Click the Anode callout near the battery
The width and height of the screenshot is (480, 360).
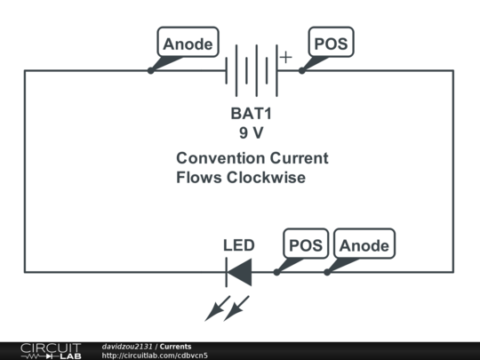(x=188, y=42)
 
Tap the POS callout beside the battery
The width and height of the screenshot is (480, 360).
(x=331, y=42)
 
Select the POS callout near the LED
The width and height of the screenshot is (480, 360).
(x=306, y=244)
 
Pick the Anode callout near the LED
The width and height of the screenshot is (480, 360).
(x=364, y=244)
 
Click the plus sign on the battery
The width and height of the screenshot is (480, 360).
(x=285, y=57)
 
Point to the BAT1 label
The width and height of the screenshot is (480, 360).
(x=251, y=114)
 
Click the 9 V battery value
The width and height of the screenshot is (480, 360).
(x=251, y=132)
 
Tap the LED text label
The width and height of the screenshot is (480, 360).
(x=239, y=245)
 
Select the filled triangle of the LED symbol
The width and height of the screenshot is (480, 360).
(x=240, y=272)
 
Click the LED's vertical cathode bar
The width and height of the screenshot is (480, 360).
(x=227, y=272)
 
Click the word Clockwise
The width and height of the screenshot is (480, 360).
(x=266, y=177)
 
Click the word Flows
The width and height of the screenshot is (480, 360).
(x=199, y=177)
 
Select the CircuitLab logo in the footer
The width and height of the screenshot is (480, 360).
(x=51, y=351)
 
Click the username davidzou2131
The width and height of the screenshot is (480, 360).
(x=127, y=347)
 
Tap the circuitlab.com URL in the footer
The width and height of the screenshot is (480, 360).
(x=155, y=356)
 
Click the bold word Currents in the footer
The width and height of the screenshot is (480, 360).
(x=175, y=347)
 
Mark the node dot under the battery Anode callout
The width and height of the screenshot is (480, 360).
(x=150, y=70)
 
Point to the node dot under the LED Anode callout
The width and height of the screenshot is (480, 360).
(x=327, y=272)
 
